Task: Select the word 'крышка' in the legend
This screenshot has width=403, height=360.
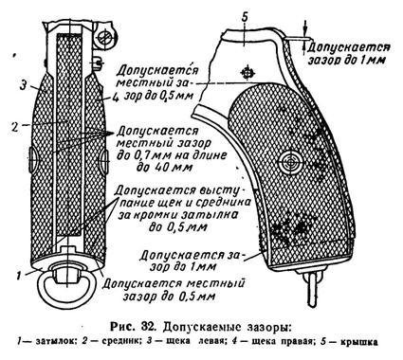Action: (373, 342)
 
